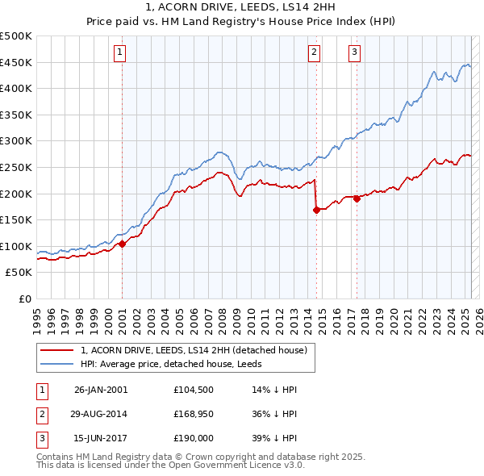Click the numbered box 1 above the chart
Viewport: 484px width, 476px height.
[119, 53]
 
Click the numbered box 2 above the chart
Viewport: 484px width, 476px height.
[314, 53]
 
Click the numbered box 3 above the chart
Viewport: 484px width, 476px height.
[354, 53]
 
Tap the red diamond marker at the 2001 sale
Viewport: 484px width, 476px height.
[122, 244]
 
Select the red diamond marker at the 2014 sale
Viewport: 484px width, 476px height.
[316, 210]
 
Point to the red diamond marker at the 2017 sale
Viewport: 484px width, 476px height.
[357, 198]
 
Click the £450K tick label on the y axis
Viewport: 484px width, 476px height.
[16, 62]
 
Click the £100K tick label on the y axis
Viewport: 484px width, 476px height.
[16, 246]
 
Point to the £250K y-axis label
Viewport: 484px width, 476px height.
[16, 167]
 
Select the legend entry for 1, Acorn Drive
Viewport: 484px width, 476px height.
[194, 351]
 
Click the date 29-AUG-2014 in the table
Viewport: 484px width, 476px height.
[101, 415]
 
